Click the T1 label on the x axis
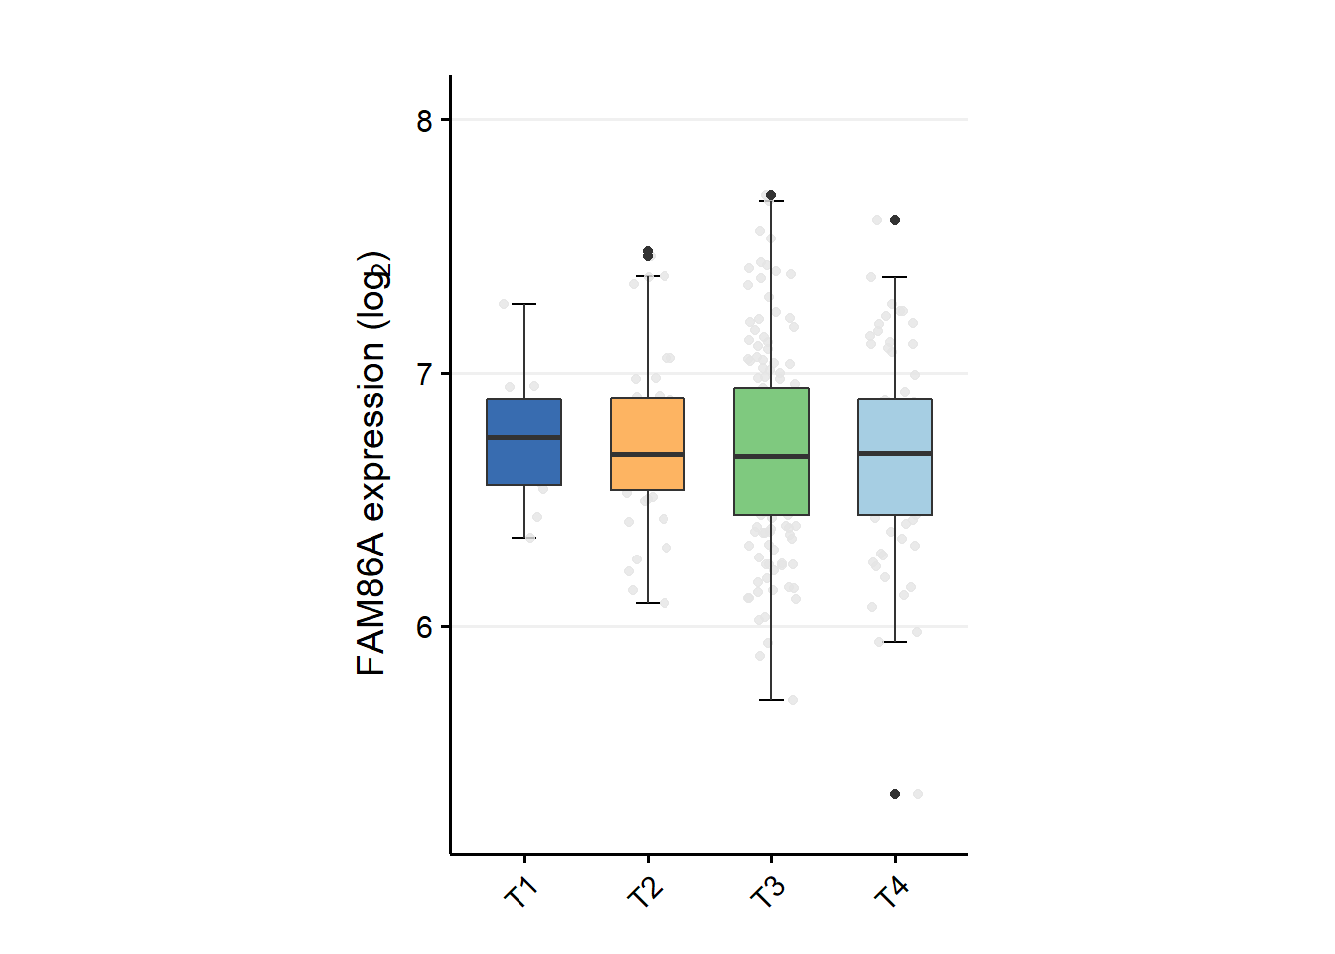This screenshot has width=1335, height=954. click(x=520, y=893)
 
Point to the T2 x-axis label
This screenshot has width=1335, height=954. click(x=645, y=893)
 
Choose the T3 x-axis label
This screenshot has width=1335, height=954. click(x=768, y=893)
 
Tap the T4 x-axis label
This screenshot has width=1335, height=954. click(x=891, y=893)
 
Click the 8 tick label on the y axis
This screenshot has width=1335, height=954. click(x=425, y=120)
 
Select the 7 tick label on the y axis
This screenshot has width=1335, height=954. click(x=425, y=374)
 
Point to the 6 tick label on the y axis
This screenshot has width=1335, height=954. click(x=425, y=627)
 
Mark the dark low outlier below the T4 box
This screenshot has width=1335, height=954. click(x=895, y=794)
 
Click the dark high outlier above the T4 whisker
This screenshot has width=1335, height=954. click(x=895, y=220)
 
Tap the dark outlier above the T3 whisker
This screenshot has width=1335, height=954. click(x=771, y=195)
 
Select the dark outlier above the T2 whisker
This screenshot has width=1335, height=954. click(x=648, y=253)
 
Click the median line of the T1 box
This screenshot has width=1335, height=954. click(x=523, y=437)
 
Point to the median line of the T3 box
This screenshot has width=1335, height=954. click(x=771, y=456)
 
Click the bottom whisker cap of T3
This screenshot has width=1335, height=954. click(x=771, y=700)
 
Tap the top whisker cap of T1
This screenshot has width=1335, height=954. click(x=523, y=304)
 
